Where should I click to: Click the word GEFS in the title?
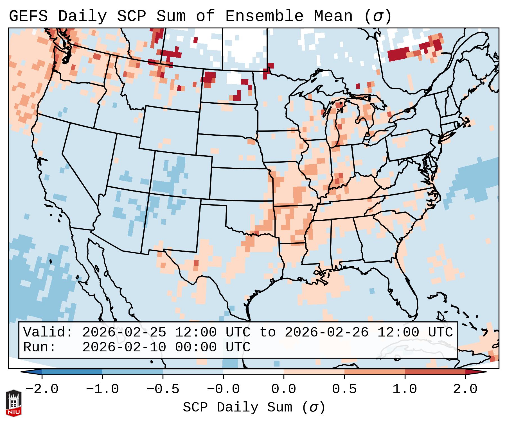coord(28,16)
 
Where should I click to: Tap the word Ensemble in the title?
coord(264,16)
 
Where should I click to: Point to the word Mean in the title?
coord(333,16)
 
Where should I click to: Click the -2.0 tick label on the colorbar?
coord(42,389)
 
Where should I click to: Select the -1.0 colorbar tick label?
coord(102,389)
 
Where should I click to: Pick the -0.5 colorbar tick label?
coord(163,389)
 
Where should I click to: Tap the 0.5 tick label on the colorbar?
coord(344,389)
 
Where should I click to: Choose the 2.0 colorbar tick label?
coord(465,389)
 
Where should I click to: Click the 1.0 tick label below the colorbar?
coord(405,389)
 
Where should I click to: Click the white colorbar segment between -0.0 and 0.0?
coord(253,372)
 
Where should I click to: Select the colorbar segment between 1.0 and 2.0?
coord(435,372)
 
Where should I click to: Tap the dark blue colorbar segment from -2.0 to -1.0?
coord(72,372)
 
